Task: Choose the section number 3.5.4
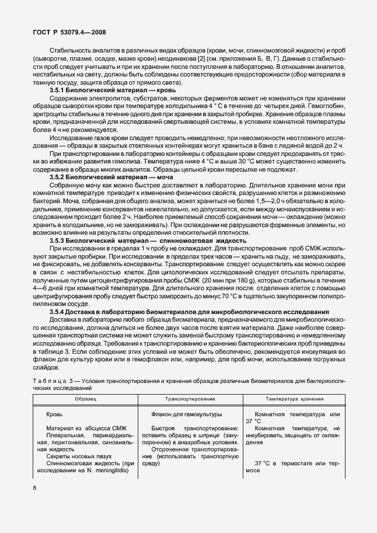pos(60,312)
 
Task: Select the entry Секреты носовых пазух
pos(79,456)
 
